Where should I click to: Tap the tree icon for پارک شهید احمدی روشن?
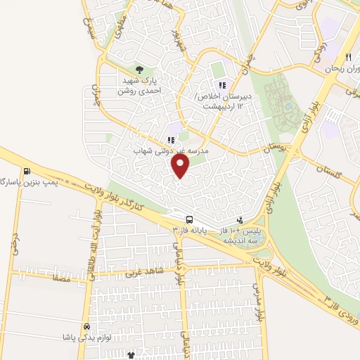(x=139, y=69)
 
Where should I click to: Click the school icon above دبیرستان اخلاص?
(x=222, y=85)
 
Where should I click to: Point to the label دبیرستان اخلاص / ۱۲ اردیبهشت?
(x=227, y=101)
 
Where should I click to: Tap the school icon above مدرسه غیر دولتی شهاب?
(x=171, y=140)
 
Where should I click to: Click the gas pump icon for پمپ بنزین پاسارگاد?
(x=27, y=170)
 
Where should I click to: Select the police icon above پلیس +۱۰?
(x=240, y=219)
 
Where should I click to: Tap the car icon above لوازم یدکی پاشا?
(x=86, y=327)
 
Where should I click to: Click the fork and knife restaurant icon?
(x=347, y=57)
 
